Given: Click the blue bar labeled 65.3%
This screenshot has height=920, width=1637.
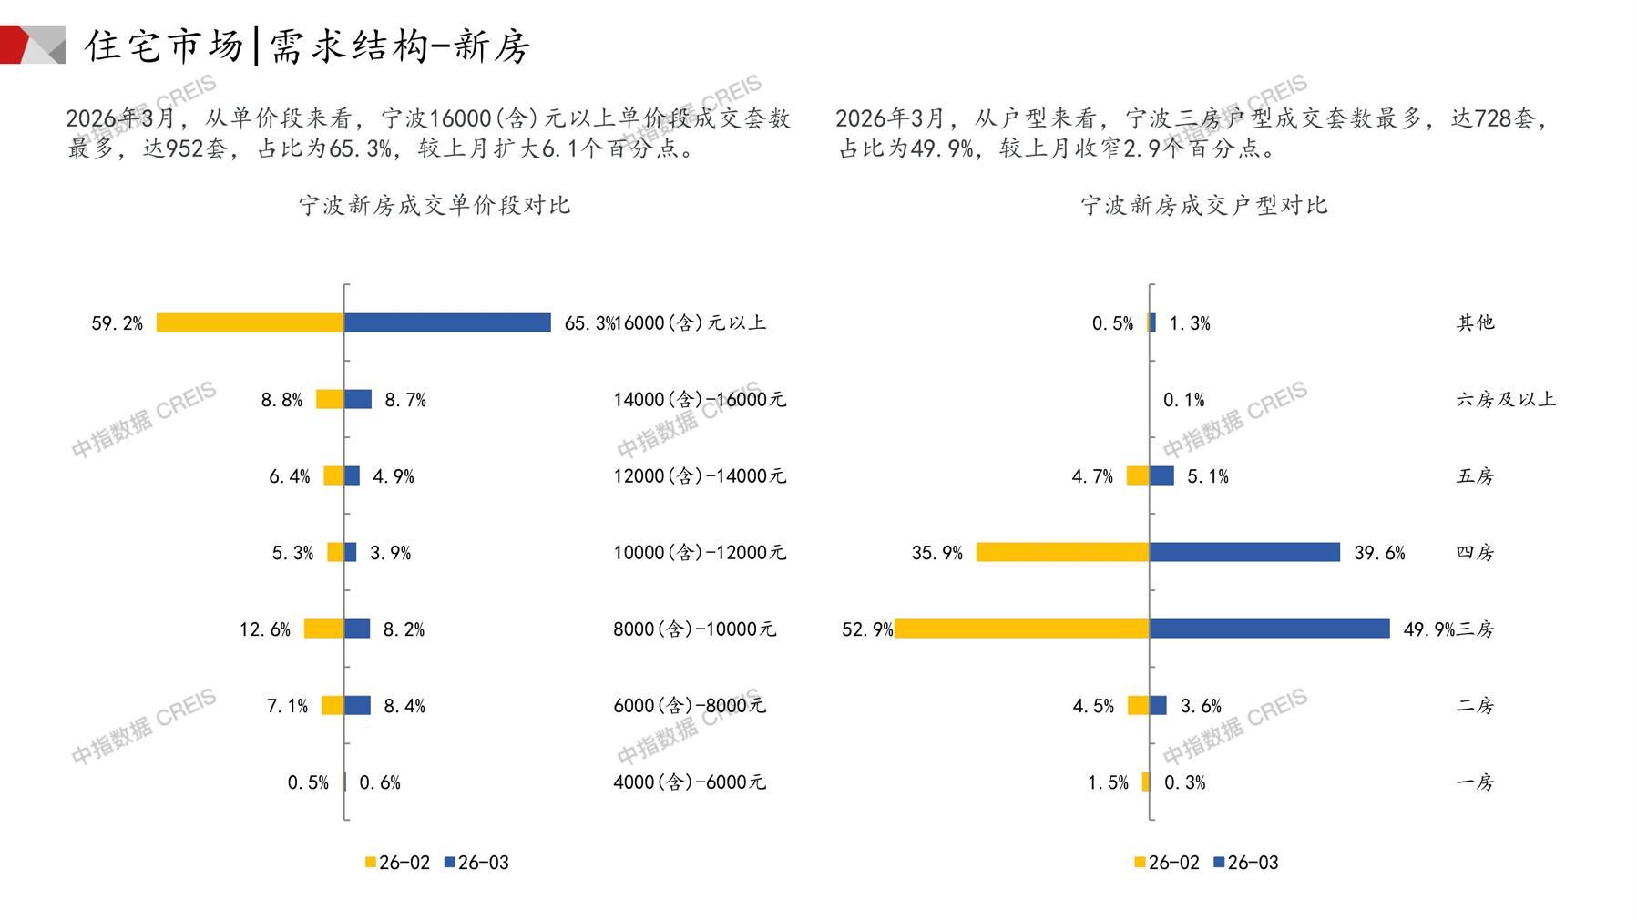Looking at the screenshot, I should pyautogui.click(x=447, y=322).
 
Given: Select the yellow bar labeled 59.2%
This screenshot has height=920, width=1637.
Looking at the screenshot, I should pyautogui.click(x=250, y=322).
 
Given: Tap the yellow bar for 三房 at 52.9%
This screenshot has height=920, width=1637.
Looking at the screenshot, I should pyautogui.click(x=1022, y=629).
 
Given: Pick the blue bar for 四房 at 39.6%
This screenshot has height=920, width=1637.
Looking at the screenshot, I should pyautogui.click(x=1244, y=552).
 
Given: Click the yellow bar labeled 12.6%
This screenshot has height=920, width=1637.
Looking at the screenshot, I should pyautogui.click(x=323, y=629).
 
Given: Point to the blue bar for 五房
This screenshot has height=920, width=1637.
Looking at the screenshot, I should pyautogui.click(x=1161, y=475).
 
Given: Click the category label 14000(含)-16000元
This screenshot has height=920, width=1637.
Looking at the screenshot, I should pyautogui.click(x=699, y=399).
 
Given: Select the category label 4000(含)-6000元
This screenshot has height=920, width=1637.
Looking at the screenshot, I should pyautogui.click(x=689, y=782).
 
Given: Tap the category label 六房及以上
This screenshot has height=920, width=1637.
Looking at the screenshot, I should pyautogui.click(x=1505, y=399).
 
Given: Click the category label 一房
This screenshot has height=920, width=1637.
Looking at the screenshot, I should pyautogui.click(x=1475, y=782).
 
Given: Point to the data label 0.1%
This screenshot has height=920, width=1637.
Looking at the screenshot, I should pyautogui.click(x=1183, y=400).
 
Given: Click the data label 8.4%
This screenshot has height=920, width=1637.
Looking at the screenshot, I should pyautogui.click(x=404, y=706).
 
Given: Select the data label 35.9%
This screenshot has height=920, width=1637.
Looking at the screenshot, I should pyautogui.click(x=936, y=553).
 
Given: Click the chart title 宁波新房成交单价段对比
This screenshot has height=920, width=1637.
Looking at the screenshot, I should pyautogui.click(x=435, y=205).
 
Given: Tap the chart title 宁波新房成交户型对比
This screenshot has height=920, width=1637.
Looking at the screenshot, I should pyautogui.click(x=1203, y=205).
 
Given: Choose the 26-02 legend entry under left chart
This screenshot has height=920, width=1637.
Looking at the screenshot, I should pyautogui.click(x=397, y=862).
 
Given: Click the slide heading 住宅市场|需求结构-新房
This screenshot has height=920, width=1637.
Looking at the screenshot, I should pyautogui.click(x=307, y=46).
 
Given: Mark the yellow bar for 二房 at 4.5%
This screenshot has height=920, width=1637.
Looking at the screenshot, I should pyautogui.click(x=1138, y=705).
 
